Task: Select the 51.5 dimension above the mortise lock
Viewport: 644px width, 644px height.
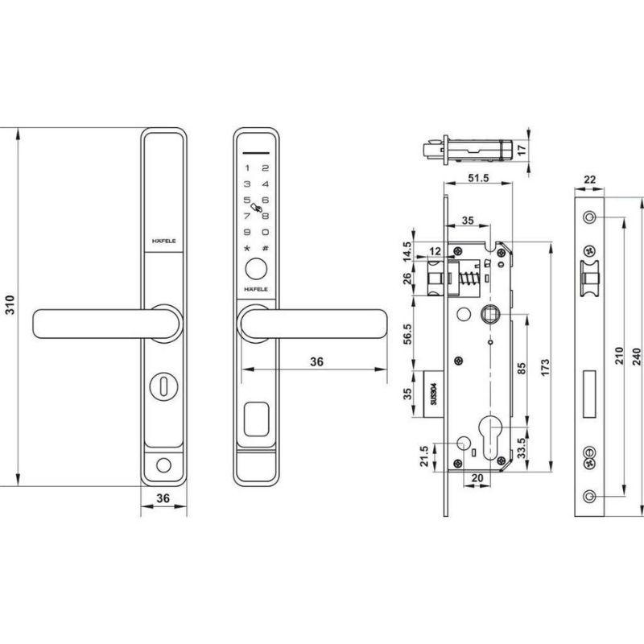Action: point(478,178)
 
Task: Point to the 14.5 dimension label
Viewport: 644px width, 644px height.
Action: point(408,249)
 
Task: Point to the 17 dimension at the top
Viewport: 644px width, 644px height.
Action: point(521,150)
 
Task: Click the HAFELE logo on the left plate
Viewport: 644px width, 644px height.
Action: point(164,240)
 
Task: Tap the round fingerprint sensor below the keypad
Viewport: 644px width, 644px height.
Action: point(256,269)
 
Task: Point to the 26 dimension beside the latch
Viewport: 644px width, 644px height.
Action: point(408,280)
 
